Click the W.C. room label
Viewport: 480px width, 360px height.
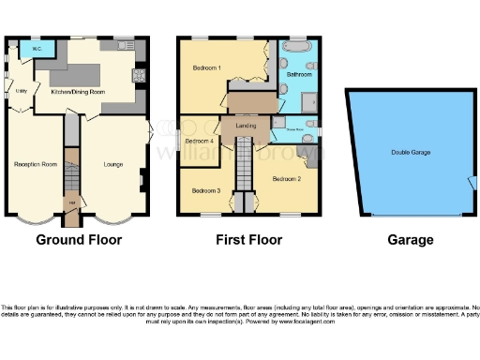pyautogui.click(x=37, y=48)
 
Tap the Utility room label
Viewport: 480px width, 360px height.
pyautogui.click(x=20, y=91)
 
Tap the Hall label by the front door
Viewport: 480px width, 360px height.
pyautogui.click(x=70, y=202)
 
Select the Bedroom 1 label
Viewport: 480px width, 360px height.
pyautogui.click(x=207, y=68)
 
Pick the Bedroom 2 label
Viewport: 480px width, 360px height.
pyautogui.click(x=286, y=177)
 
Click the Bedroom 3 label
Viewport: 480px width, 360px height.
pyautogui.click(x=206, y=190)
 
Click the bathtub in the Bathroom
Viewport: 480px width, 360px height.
pyautogui.click(x=299, y=46)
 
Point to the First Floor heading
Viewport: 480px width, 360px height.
pyautogui.click(x=250, y=240)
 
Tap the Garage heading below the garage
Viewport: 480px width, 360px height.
pyautogui.click(x=410, y=240)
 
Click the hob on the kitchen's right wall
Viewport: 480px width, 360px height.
pyautogui.click(x=139, y=75)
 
